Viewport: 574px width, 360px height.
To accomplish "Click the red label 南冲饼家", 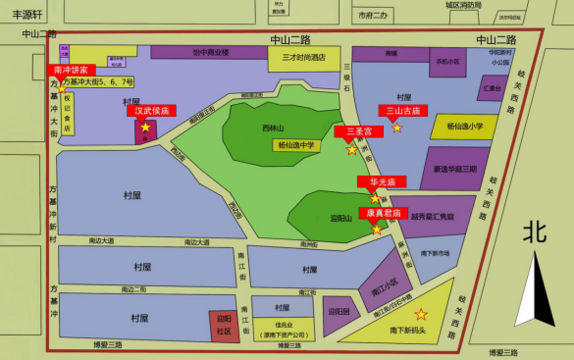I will tap(71, 71).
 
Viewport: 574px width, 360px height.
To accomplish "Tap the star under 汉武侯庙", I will tap(145, 128).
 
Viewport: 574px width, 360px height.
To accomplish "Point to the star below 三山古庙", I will tap(396, 128).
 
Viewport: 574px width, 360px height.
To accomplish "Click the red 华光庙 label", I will tap(375, 182).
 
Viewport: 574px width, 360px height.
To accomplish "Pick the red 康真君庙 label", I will tap(380, 213).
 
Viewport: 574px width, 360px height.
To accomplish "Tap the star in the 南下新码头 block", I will tap(421, 314).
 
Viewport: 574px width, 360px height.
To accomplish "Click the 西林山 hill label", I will tap(273, 129).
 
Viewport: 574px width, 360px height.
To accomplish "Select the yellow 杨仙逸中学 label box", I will tap(296, 145).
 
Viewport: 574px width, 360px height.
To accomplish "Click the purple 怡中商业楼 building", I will tap(209, 52).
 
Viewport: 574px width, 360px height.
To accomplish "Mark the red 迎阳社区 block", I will tap(223, 325).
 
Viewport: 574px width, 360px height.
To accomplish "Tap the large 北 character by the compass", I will tap(535, 231).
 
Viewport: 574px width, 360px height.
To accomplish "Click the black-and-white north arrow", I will tap(536, 289).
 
